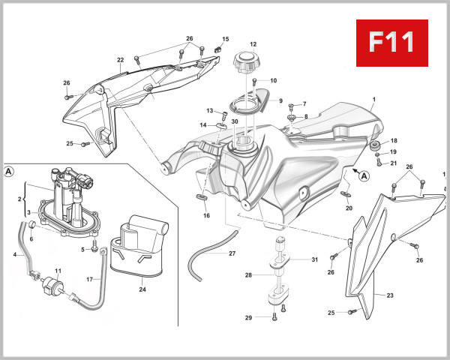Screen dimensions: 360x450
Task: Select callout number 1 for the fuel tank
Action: [373, 100]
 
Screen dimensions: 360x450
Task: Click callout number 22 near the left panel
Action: [120, 60]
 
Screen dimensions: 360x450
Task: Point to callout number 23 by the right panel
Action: [389, 295]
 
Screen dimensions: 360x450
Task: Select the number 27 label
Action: [232, 253]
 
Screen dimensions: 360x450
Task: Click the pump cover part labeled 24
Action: [136, 244]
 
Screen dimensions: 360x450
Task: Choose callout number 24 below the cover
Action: [142, 287]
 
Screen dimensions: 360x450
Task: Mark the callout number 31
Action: [315, 260]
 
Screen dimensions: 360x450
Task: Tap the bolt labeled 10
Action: [255, 80]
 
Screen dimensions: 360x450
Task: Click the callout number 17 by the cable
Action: [88, 280]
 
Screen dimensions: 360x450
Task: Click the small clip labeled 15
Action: [217, 48]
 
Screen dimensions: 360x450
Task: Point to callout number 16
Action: [206, 215]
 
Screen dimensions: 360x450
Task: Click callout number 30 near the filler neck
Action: [234, 121]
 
